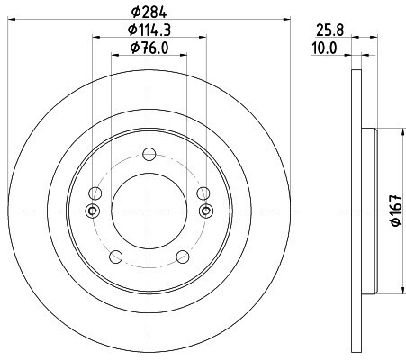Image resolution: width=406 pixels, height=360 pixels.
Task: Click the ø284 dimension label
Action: pyautogui.click(x=149, y=12)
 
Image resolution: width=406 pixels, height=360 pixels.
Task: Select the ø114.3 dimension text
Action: pyautogui.click(x=149, y=30)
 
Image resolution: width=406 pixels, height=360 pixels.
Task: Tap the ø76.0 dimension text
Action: pyautogui.click(x=149, y=48)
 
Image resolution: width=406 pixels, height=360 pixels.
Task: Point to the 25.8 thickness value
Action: pyautogui.click(x=330, y=31)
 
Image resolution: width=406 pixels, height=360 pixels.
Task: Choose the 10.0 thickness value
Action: pyautogui.click(x=324, y=49)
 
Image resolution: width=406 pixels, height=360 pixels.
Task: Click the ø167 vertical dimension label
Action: pyautogui.click(x=396, y=210)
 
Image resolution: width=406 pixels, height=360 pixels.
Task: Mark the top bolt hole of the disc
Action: pyautogui.click(x=149, y=154)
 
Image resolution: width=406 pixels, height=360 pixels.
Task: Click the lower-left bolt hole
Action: pyautogui.click(x=116, y=256)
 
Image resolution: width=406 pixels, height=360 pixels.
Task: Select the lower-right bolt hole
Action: pyautogui.click(x=183, y=256)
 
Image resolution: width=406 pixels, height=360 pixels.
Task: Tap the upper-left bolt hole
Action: pyautogui.click(x=95, y=193)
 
